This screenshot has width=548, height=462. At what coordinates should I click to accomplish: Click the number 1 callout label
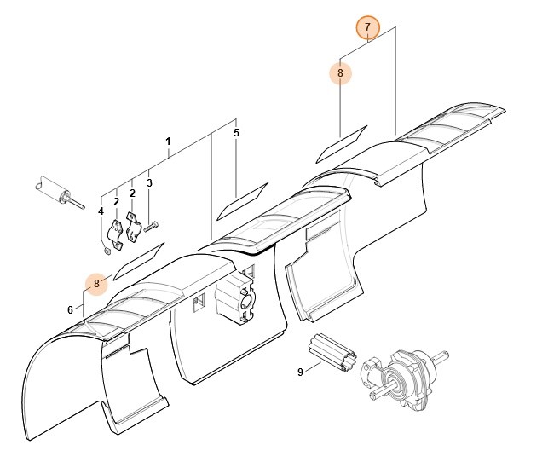pyautogui.click(x=168, y=141)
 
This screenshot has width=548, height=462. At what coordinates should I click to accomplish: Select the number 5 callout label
pyautogui.click(x=236, y=133)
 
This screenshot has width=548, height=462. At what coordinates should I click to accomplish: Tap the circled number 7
pyautogui.click(x=367, y=27)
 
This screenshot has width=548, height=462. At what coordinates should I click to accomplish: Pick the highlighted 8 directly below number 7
pyautogui.click(x=340, y=73)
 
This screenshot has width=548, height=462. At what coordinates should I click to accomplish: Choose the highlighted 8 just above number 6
pyautogui.click(x=97, y=282)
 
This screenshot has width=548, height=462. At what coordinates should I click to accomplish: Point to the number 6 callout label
pyautogui.click(x=71, y=309)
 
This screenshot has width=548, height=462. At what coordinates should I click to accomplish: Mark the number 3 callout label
pyautogui.click(x=149, y=182)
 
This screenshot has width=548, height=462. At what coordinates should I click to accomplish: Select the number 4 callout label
pyautogui.click(x=101, y=211)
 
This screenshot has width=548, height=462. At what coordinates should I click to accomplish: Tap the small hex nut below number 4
pyautogui.click(x=105, y=250)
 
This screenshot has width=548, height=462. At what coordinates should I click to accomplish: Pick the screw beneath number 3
pyautogui.click(x=152, y=227)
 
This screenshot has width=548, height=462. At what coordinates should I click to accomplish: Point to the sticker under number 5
pyautogui.click(x=242, y=199)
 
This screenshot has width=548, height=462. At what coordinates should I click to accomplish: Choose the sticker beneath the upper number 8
pyautogui.click(x=341, y=142)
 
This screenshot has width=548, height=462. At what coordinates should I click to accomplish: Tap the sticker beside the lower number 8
pyautogui.click(x=137, y=258)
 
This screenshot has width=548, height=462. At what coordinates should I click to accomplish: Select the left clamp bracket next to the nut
pyautogui.click(x=116, y=235)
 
